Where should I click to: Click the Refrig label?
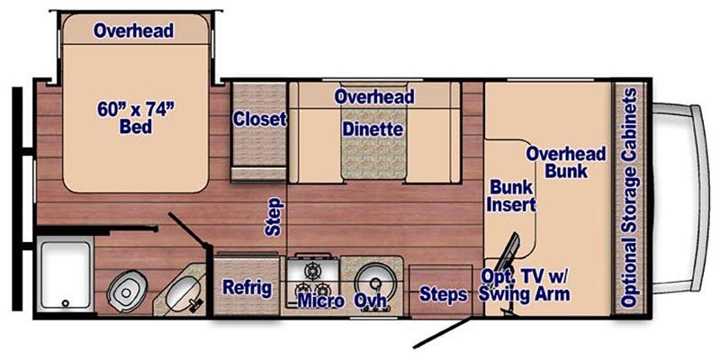click(x=247, y=288)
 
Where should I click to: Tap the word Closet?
click(x=259, y=119)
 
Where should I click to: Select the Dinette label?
click(x=372, y=130)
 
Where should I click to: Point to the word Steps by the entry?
click(x=443, y=294)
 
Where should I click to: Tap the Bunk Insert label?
click(x=511, y=195)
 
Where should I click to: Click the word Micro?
click(x=320, y=300)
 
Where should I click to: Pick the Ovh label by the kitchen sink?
click(x=371, y=300)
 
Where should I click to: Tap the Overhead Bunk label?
click(x=566, y=161)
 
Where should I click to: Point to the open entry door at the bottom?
click(x=442, y=334)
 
